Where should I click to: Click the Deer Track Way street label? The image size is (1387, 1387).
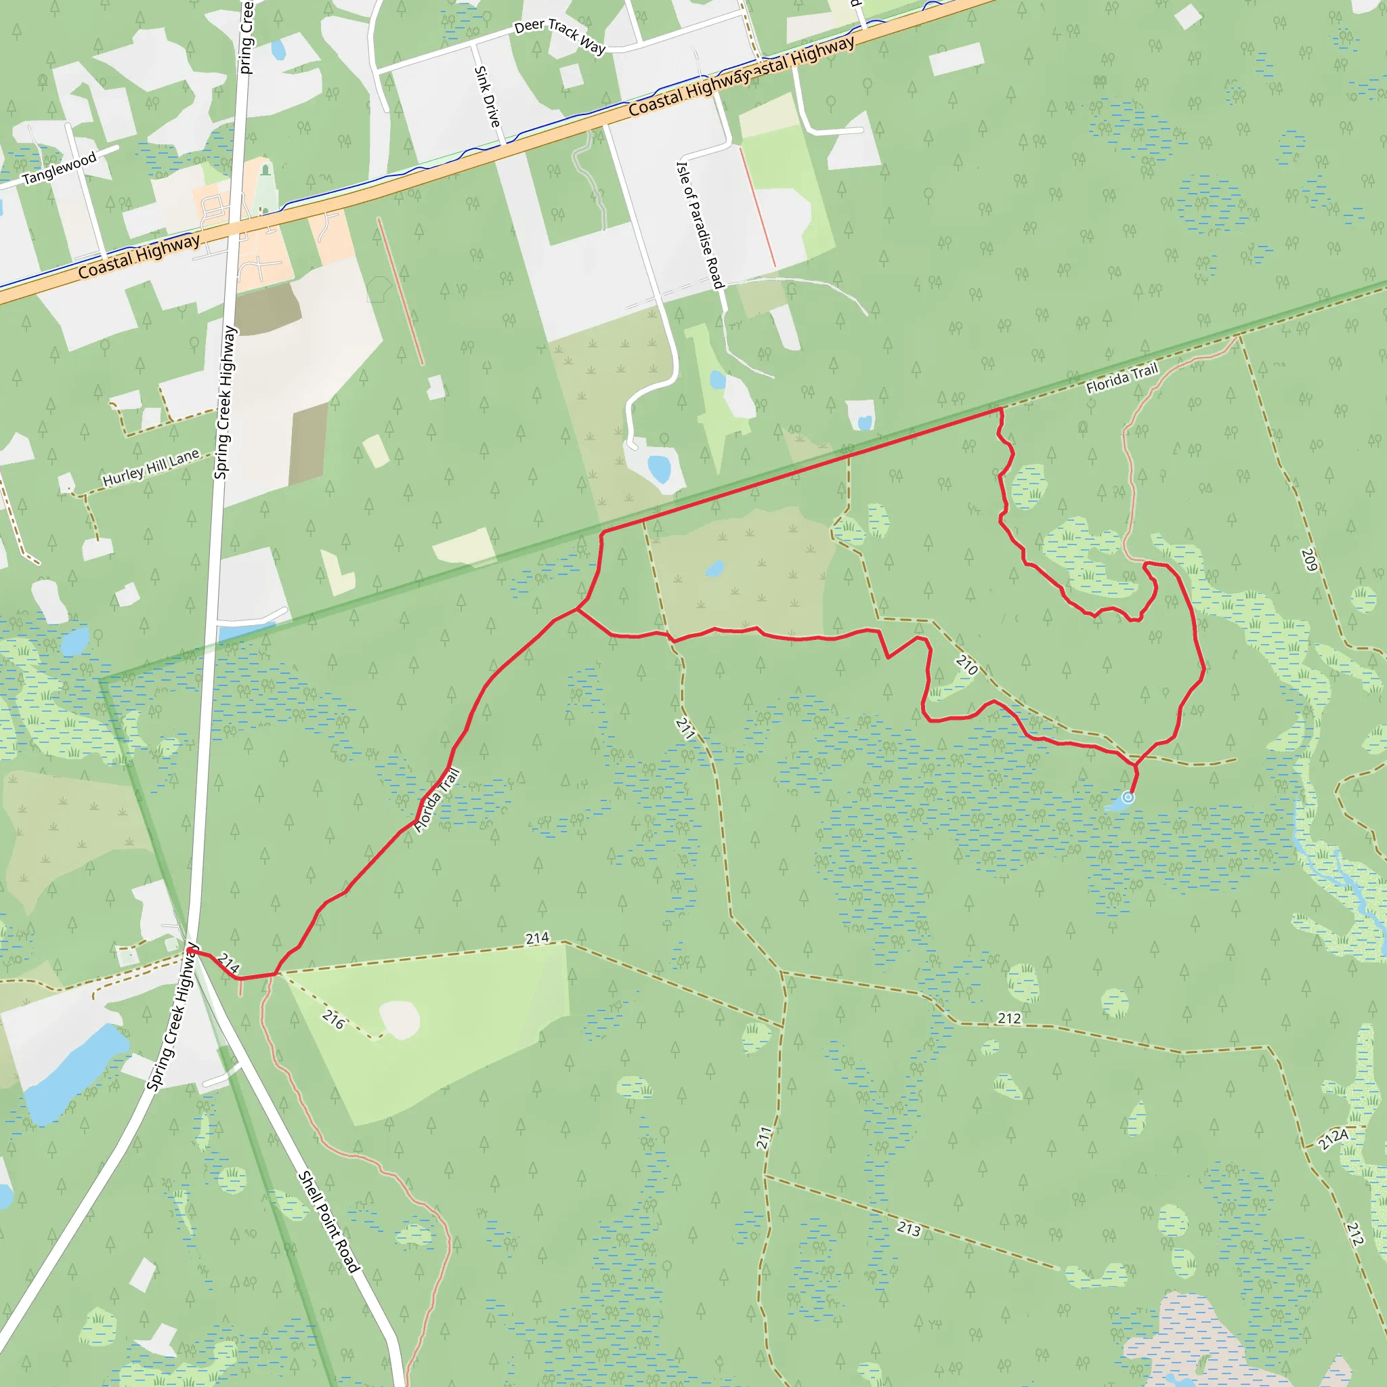560,36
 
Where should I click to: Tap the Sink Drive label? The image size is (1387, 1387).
487,97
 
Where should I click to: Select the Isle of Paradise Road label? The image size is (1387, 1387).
700,225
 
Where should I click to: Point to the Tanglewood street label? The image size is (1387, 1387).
59,168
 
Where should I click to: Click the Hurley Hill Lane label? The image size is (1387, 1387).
151,467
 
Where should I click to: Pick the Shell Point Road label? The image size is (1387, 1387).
328,1222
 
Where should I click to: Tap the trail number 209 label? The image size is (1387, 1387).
1308,561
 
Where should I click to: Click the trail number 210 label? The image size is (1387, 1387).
967,666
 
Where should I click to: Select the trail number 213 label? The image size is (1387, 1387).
909,1229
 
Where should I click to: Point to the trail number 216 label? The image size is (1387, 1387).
334,1019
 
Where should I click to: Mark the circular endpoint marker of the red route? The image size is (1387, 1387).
1128,798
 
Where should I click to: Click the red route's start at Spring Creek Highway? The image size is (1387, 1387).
190,952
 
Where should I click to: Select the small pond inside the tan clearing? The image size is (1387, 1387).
714,570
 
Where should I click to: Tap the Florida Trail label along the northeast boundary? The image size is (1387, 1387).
1122,379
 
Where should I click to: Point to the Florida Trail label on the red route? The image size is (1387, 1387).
438,801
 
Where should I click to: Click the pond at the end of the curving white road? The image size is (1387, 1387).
659,468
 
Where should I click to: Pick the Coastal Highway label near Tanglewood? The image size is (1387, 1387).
139,256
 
